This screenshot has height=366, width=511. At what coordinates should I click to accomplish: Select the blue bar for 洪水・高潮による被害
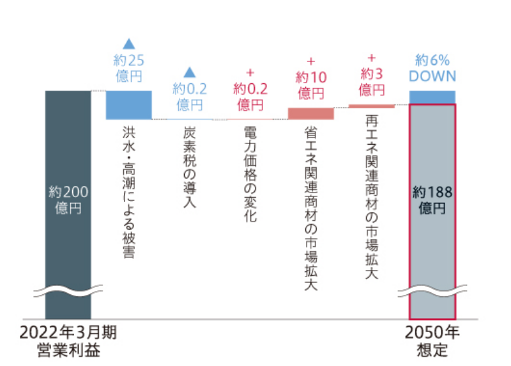pyautogui.click(x=128, y=105)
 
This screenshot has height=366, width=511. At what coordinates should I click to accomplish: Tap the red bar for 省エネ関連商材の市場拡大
pyautogui.click(x=311, y=113)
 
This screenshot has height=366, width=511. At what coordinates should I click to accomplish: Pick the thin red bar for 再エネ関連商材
pyautogui.click(x=372, y=106)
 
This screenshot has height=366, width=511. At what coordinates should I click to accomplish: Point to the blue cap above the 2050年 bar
pyautogui.click(x=432, y=97)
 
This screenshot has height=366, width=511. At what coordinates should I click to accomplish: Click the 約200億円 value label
pyautogui.click(x=68, y=199)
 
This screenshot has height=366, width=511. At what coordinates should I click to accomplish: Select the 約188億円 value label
pyautogui.click(x=432, y=199)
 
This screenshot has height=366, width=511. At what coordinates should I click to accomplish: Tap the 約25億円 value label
pyautogui.click(x=128, y=68)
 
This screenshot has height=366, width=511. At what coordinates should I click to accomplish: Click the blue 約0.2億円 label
pyautogui.click(x=189, y=97)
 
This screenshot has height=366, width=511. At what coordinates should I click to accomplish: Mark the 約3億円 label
pyautogui.click(x=372, y=80)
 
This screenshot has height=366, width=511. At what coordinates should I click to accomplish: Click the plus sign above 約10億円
pyautogui.click(x=311, y=61)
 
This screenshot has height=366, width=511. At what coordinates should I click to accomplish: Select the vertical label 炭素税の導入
pyautogui.click(x=189, y=166)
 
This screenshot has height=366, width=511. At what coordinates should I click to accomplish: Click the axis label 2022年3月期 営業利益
pyautogui.click(x=68, y=342)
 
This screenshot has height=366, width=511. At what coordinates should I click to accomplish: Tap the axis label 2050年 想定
pyautogui.click(x=432, y=342)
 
